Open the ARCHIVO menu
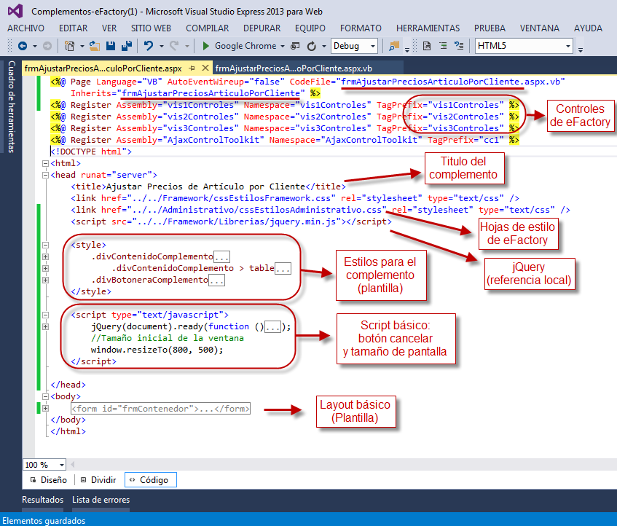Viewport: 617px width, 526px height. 25,28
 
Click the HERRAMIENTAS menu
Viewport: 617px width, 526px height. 428,28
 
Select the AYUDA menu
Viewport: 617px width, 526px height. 588,28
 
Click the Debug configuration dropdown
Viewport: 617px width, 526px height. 354,45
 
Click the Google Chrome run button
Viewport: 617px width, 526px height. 239,45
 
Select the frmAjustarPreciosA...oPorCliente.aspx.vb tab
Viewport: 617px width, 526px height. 294,68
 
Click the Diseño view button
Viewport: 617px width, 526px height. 48,480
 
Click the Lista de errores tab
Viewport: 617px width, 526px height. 101,500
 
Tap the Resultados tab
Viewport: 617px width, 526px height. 42,500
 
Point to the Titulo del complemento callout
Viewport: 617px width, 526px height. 463,168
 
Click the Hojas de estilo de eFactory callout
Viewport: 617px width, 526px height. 518,234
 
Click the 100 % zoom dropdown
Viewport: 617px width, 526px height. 44,464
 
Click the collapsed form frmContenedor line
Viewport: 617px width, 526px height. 160,409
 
